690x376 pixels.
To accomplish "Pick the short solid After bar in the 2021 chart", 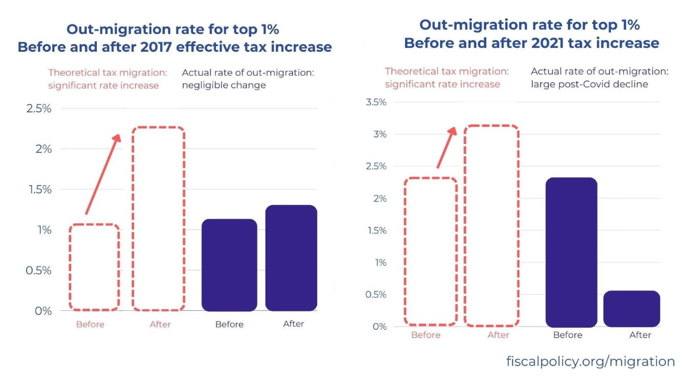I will pyautogui.click(x=631, y=309).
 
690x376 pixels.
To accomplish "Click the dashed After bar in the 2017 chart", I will pyautogui.click(x=158, y=219).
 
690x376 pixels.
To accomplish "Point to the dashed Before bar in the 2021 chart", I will pyautogui.click(x=430, y=251).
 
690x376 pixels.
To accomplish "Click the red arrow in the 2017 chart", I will pyautogui.click(x=103, y=174).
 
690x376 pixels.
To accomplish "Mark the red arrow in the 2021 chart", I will pyautogui.click(x=446, y=147).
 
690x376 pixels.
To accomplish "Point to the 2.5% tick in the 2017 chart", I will pyautogui.click(x=39, y=108).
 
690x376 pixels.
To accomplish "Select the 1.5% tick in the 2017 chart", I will pyautogui.click(x=39, y=189).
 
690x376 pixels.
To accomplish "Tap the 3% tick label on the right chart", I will pyautogui.click(x=379, y=134).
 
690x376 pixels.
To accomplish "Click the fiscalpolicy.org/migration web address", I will pyautogui.click(x=590, y=362).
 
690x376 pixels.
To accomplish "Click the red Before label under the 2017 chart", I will pyautogui.click(x=90, y=324).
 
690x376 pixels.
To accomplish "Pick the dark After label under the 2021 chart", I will pyautogui.click(x=640, y=335).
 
